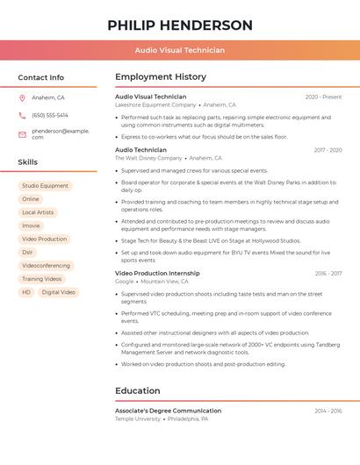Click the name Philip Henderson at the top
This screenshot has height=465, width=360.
pyautogui.click(x=180, y=25)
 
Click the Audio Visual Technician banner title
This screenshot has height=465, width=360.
pyautogui.click(x=180, y=50)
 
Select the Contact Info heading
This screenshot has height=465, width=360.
pyautogui.click(x=40, y=77)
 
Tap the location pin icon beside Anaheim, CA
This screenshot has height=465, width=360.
pyautogui.click(x=22, y=97)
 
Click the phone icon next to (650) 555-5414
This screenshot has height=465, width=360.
pyautogui.click(x=22, y=115)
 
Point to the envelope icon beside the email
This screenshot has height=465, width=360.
pyautogui.click(x=22, y=134)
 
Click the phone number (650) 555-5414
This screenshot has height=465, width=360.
pyautogui.click(x=50, y=115)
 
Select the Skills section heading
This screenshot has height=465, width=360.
pyautogui.click(x=28, y=162)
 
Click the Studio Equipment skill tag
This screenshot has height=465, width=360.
pyautogui.click(x=45, y=186)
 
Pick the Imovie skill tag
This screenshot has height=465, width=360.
pyautogui.click(x=31, y=225)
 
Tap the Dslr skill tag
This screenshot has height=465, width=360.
pyautogui.click(x=28, y=252)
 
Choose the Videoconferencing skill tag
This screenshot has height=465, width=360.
pyautogui.click(x=46, y=265)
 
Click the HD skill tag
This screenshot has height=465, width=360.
pyautogui.click(x=26, y=292)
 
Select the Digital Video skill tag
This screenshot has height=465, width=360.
pyautogui.click(x=59, y=292)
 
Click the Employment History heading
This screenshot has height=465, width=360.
pyautogui.click(x=161, y=77)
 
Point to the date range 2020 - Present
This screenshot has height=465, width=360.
pyautogui.click(x=323, y=97)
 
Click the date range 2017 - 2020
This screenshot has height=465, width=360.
pyautogui.click(x=328, y=150)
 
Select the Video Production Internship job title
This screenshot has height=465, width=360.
pyautogui.click(x=157, y=273)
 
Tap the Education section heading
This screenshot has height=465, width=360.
pyautogui.click(x=138, y=390)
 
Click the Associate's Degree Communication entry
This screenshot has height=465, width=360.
pyautogui.click(x=168, y=411)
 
